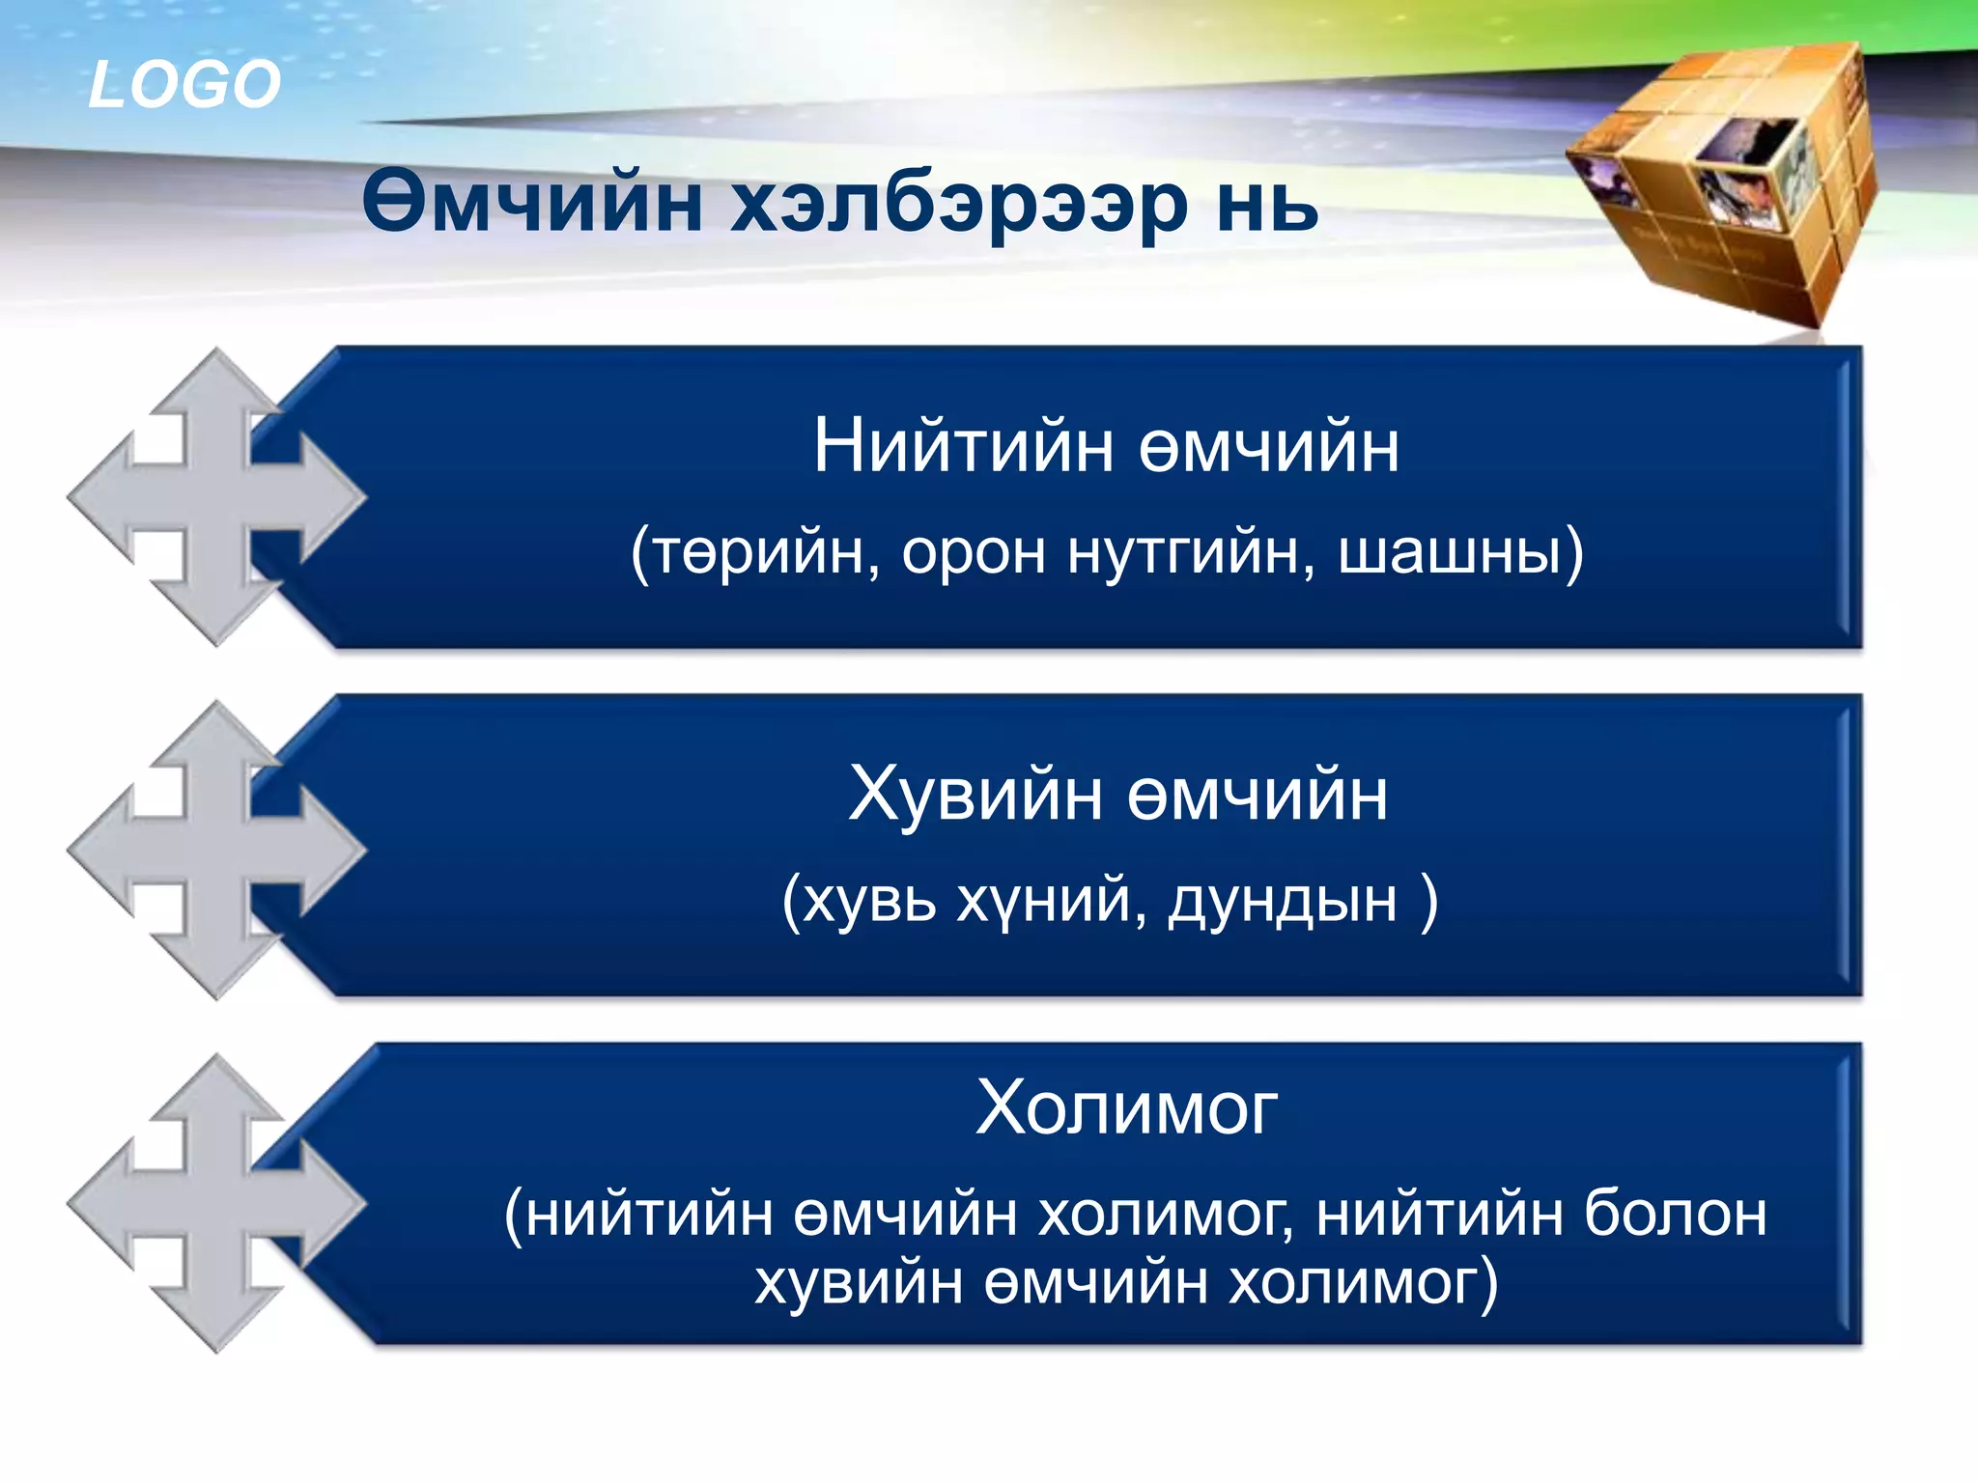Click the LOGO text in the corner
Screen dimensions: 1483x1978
point(184,84)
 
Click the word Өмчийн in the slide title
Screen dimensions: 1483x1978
point(531,203)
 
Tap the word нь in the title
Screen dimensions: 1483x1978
point(1266,205)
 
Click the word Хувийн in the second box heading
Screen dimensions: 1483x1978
point(975,795)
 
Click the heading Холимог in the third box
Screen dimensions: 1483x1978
point(1126,1107)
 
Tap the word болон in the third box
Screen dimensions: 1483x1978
point(1676,1214)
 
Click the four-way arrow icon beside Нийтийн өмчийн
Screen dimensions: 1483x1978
point(216,497)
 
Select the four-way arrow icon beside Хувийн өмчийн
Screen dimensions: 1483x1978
point(216,850)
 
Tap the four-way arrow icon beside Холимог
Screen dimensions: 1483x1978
point(216,1203)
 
